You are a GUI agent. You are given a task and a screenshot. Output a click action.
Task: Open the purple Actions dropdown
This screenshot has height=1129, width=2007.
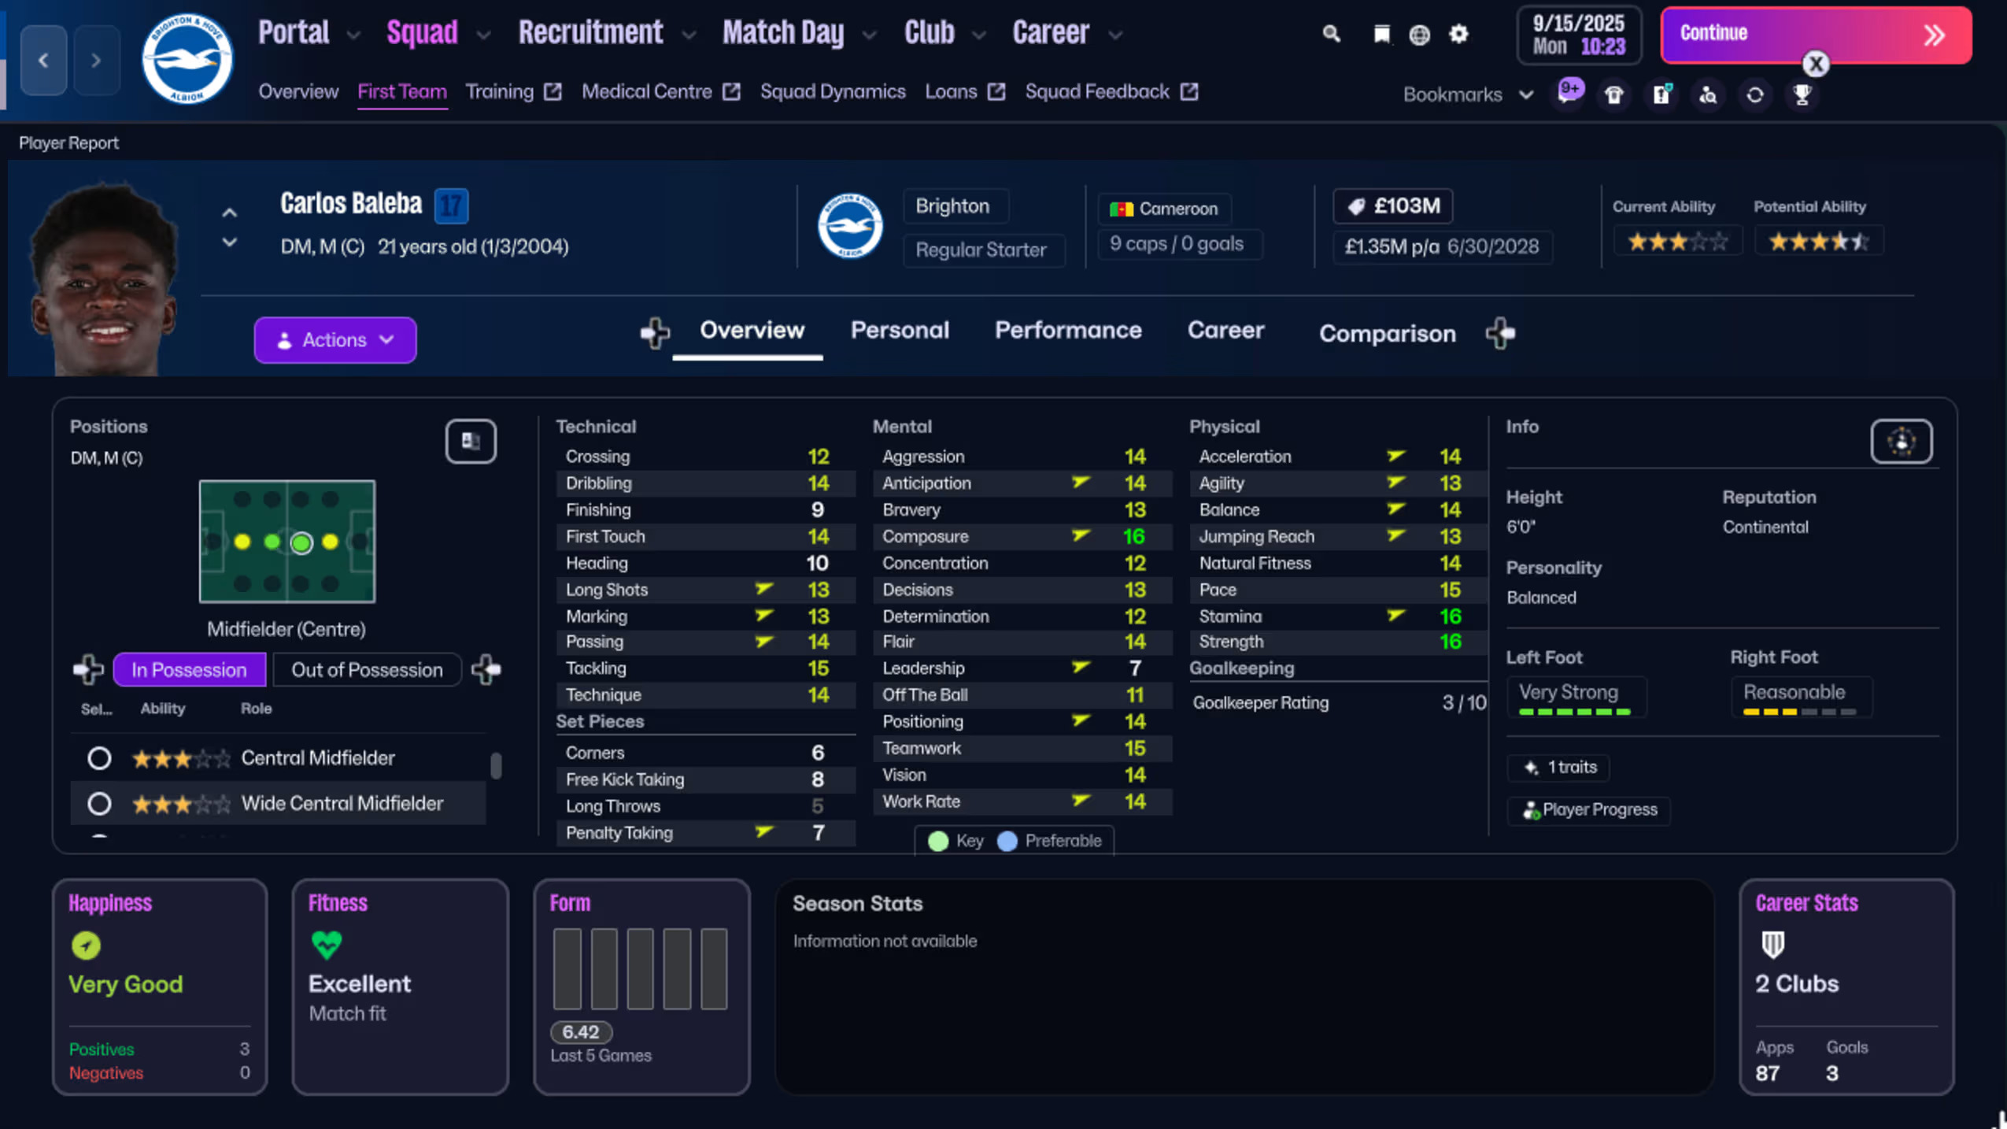(334, 340)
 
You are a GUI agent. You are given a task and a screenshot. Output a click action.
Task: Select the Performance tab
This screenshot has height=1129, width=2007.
(1067, 331)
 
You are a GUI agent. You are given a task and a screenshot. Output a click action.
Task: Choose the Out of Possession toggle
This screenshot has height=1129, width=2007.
(367, 670)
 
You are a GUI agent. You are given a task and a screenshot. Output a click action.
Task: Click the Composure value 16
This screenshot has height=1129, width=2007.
(1133, 537)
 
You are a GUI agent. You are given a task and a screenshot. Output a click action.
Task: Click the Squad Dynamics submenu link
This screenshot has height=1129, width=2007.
(832, 92)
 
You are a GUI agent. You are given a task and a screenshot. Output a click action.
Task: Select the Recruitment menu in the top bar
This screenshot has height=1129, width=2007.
(591, 33)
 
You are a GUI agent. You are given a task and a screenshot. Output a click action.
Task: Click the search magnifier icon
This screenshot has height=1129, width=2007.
(1331, 34)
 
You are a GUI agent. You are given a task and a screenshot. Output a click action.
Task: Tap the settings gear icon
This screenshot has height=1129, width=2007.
(1458, 34)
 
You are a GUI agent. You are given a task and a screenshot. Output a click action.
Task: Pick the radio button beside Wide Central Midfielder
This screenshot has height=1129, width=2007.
(99, 804)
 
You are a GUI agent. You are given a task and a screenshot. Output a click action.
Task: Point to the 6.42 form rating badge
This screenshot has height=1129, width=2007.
(581, 1031)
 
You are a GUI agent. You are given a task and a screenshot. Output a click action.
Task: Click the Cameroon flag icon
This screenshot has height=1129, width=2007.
(1121, 209)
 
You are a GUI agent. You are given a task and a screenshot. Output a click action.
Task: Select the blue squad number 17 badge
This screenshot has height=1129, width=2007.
(451, 205)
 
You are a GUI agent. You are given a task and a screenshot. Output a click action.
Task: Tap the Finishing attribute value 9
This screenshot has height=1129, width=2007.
(817, 510)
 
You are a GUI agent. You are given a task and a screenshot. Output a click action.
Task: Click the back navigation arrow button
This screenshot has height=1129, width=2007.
(43, 60)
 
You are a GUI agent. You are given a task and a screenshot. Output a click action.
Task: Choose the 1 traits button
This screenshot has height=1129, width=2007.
(1558, 768)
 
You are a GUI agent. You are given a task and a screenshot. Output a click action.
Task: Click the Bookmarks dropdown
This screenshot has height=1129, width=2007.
(1467, 94)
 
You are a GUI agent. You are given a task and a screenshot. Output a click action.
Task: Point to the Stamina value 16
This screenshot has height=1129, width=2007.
(1450, 616)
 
